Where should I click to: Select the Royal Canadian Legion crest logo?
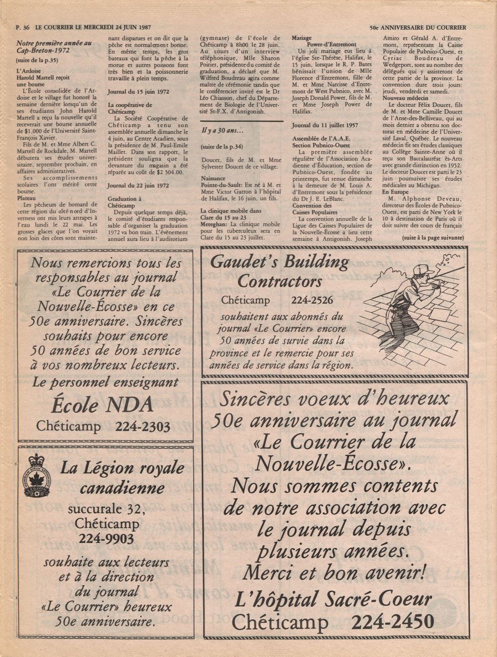click(37, 475)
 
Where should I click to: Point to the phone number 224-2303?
click(142, 426)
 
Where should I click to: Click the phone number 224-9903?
click(106, 539)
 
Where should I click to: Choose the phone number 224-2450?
click(392, 622)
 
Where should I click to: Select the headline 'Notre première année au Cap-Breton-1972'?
click(54, 47)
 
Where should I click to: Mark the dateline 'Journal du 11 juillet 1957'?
click(325, 125)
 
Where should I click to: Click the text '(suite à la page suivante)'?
click(432, 238)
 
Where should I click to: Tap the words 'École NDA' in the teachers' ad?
click(102, 404)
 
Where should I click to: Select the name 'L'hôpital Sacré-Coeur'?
click(333, 600)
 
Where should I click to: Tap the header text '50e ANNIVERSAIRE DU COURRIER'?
click(417, 27)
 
